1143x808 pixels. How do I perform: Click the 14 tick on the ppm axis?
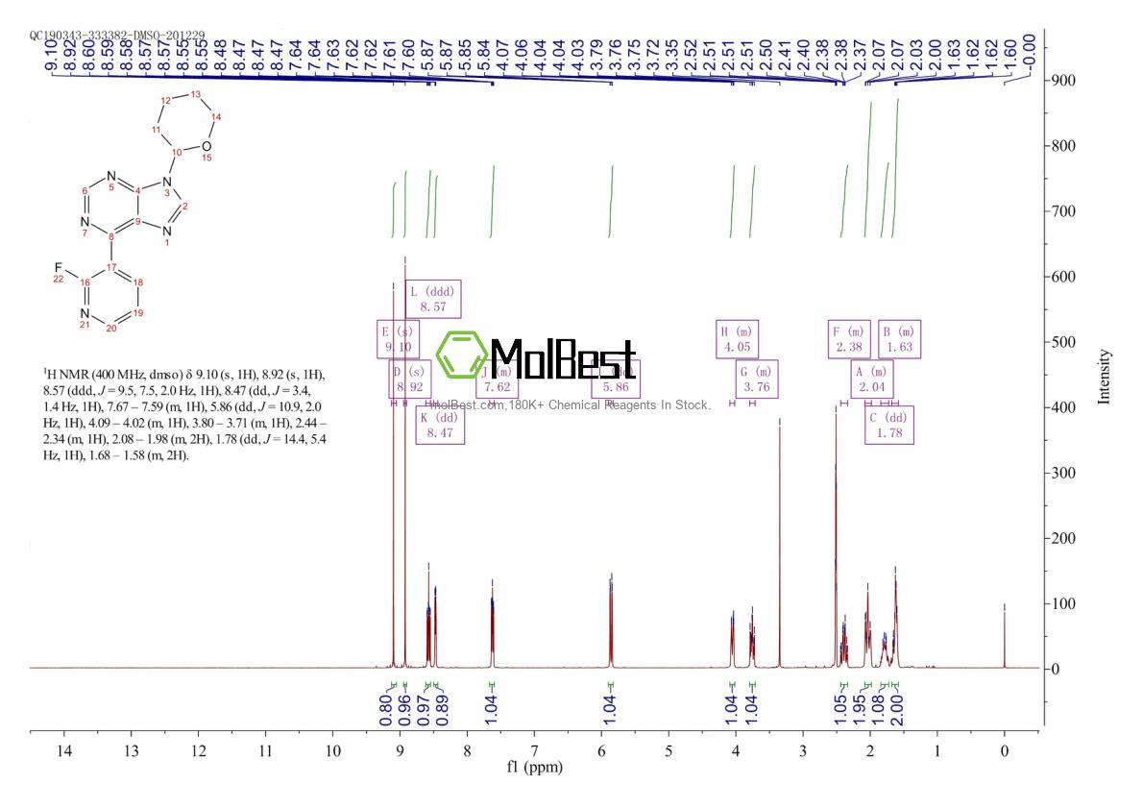click(64, 751)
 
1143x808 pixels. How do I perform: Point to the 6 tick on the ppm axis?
click(601, 751)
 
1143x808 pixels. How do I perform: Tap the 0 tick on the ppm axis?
click(1004, 751)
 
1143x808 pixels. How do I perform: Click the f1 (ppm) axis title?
click(534, 769)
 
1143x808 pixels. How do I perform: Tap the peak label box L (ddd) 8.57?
click(433, 299)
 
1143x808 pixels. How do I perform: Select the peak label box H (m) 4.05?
click(738, 339)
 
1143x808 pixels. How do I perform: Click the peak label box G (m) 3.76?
click(757, 380)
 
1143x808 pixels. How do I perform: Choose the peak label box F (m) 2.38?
click(850, 339)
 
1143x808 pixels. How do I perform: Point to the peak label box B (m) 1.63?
click(900, 339)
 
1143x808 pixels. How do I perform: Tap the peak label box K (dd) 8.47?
click(441, 425)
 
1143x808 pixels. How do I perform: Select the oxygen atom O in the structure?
click(206, 146)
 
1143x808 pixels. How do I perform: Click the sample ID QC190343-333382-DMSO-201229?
click(117, 35)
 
